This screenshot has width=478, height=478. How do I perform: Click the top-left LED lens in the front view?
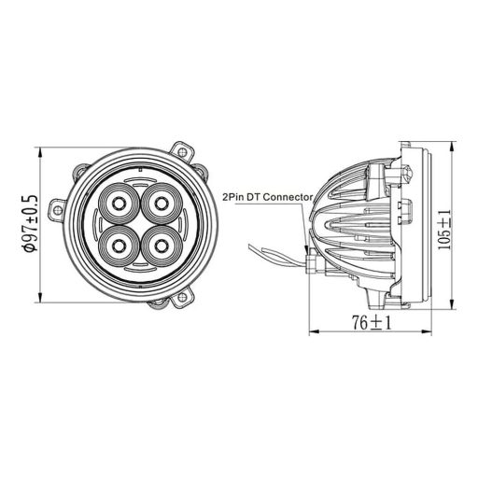pos(120,203)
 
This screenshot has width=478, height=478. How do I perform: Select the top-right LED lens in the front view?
pos(161,203)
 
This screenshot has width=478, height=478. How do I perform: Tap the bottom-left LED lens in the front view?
pos(120,246)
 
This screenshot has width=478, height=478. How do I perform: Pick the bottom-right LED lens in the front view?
pos(161,246)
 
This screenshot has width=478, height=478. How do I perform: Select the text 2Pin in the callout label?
pos(232,198)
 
